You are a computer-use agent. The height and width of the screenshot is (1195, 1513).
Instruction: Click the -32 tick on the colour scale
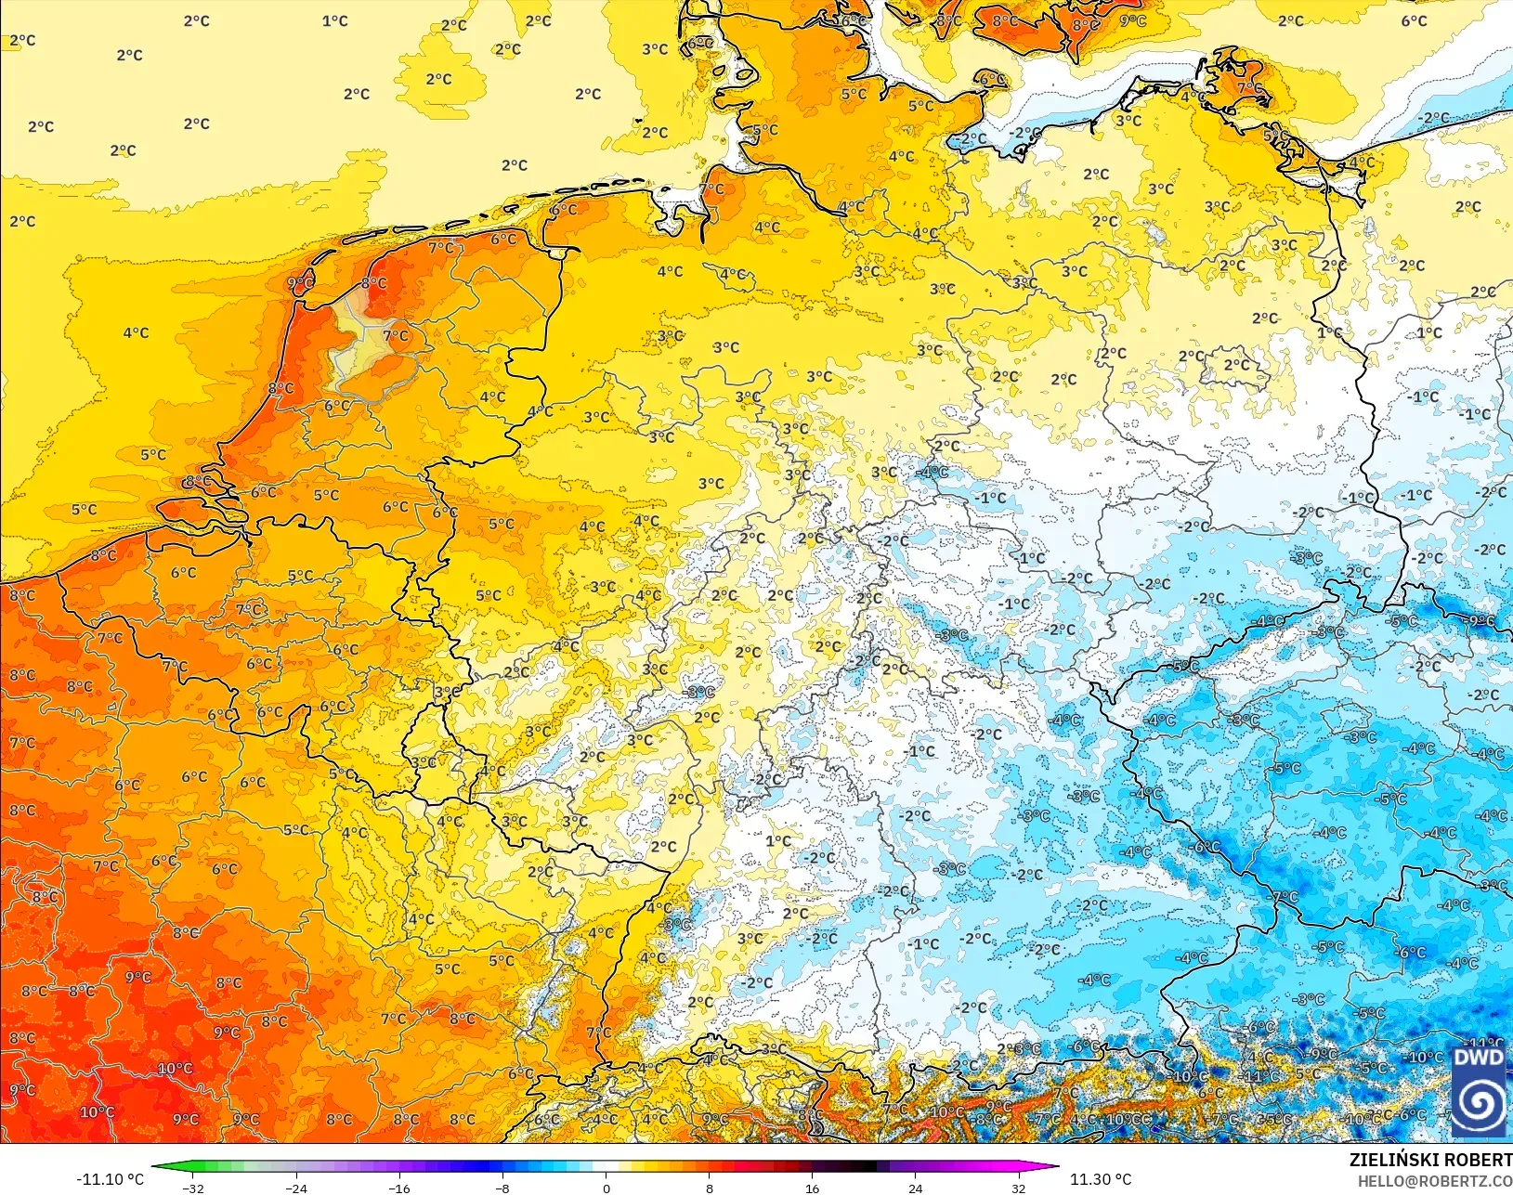pyautogui.click(x=193, y=1188)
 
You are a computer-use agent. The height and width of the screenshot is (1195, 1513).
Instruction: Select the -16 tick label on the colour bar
pyautogui.click(x=399, y=1188)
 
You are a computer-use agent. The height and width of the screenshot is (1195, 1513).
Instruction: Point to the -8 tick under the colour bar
pyautogui.click(x=502, y=1188)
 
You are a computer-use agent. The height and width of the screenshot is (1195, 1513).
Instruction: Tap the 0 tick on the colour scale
pyautogui.click(x=607, y=1188)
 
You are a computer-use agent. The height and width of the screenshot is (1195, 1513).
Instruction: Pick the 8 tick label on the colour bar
pyautogui.click(x=710, y=1188)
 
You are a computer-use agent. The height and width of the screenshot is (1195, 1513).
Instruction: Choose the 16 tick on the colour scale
pyautogui.click(x=813, y=1188)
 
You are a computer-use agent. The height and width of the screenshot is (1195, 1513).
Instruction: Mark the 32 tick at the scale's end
pyautogui.click(x=1019, y=1188)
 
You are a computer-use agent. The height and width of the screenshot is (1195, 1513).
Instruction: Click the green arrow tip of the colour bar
pyautogui.click(x=154, y=1167)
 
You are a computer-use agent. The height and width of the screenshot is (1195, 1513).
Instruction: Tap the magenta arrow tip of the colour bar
pyautogui.click(x=1056, y=1167)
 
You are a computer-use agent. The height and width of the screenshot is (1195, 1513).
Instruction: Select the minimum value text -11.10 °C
pyautogui.click(x=110, y=1179)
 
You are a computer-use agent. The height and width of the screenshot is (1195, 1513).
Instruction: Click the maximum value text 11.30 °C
pyautogui.click(x=1101, y=1179)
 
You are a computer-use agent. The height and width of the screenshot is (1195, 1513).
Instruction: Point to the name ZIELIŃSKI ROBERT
pyautogui.click(x=1430, y=1161)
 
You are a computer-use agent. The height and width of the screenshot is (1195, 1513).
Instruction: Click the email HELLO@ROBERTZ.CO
pyautogui.click(x=1435, y=1181)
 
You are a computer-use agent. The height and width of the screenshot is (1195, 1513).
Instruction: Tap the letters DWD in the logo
pyautogui.click(x=1478, y=1058)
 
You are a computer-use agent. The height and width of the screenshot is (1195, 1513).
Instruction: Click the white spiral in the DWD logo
pyautogui.click(x=1479, y=1103)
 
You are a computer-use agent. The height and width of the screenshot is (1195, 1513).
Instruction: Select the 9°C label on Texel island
pyautogui.click(x=299, y=283)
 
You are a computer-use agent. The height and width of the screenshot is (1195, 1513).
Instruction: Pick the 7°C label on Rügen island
pyautogui.click(x=1249, y=88)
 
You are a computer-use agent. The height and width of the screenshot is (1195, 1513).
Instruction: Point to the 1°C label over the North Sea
pyautogui.click(x=334, y=20)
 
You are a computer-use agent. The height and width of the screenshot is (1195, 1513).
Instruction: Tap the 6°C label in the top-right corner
pyautogui.click(x=1414, y=20)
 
